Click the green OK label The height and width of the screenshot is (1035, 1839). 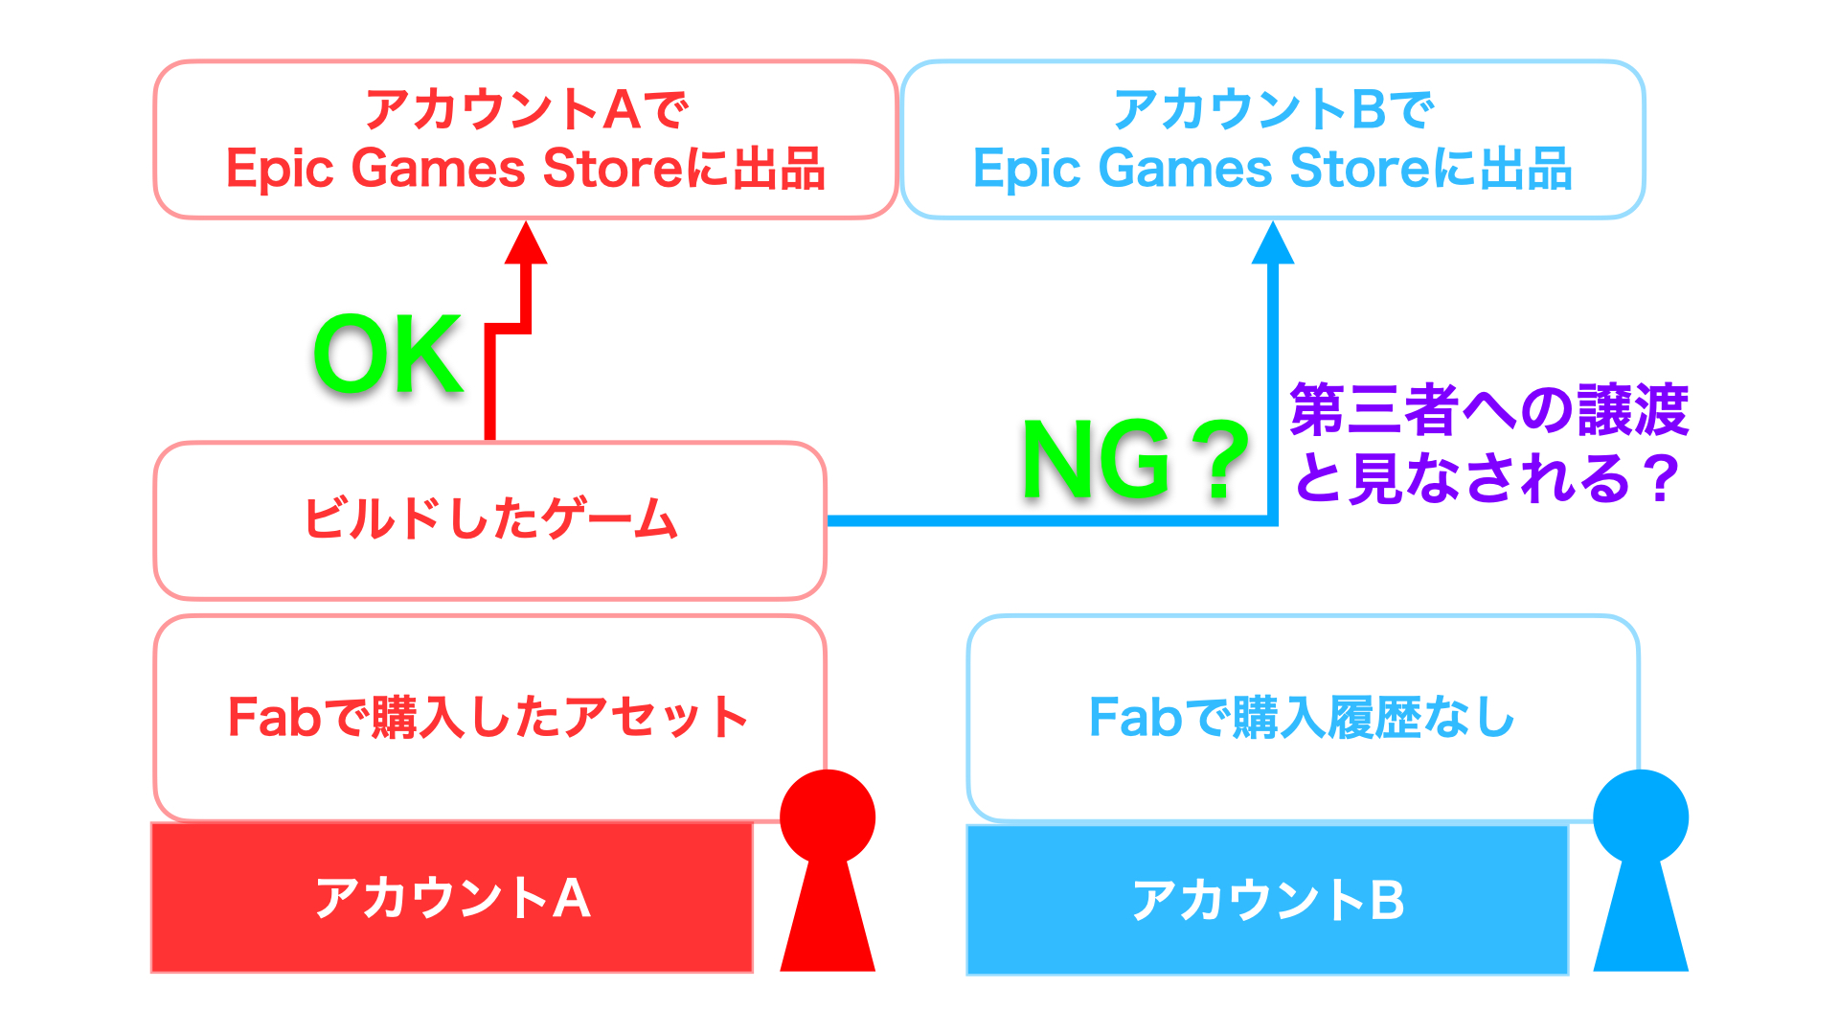tap(389, 354)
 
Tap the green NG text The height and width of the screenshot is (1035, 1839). tap(1097, 460)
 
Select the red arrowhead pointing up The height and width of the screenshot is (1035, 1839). tap(526, 242)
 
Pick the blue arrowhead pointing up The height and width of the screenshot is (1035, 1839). tap(1273, 242)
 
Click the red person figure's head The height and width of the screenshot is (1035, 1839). tap(828, 816)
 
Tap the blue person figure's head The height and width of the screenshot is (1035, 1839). tap(1641, 816)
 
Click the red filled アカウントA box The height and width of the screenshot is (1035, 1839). tap(452, 898)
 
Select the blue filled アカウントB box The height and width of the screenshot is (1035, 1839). tap(1267, 900)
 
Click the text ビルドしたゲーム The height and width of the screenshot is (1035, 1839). tap(490, 518)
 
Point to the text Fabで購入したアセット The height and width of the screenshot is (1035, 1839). tap(488, 717)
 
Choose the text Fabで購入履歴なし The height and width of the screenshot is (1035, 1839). tap(1303, 717)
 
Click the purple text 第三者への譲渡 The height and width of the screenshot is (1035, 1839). tap(1489, 409)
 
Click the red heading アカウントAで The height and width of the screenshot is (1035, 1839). tap(526, 109)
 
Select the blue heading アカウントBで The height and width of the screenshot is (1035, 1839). tap(1273, 109)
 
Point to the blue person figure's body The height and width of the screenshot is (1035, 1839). tap(1641, 915)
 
